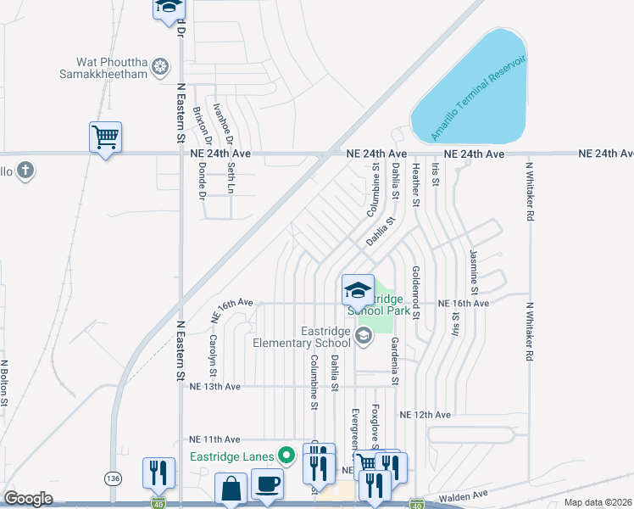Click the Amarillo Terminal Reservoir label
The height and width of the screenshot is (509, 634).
click(479, 98)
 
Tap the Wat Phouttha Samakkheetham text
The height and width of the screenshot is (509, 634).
click(111, 68)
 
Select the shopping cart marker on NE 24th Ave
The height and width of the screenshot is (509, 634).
click(105, 137)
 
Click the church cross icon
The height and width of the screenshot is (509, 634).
click(25, 170)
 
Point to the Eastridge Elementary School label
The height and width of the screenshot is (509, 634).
click(302, 337)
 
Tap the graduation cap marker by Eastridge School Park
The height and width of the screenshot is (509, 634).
click(358, 290)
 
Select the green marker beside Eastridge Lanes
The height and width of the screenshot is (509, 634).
click(286, 456)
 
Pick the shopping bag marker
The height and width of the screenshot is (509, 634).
click(231, 489)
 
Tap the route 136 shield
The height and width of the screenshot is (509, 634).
click(113, 478)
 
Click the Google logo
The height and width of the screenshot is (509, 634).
click(29, 499)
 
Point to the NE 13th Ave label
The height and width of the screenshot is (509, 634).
click(216, 386)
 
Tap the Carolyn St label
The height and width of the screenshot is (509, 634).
click(212, 355)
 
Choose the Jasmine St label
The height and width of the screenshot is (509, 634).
click(474, 268)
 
